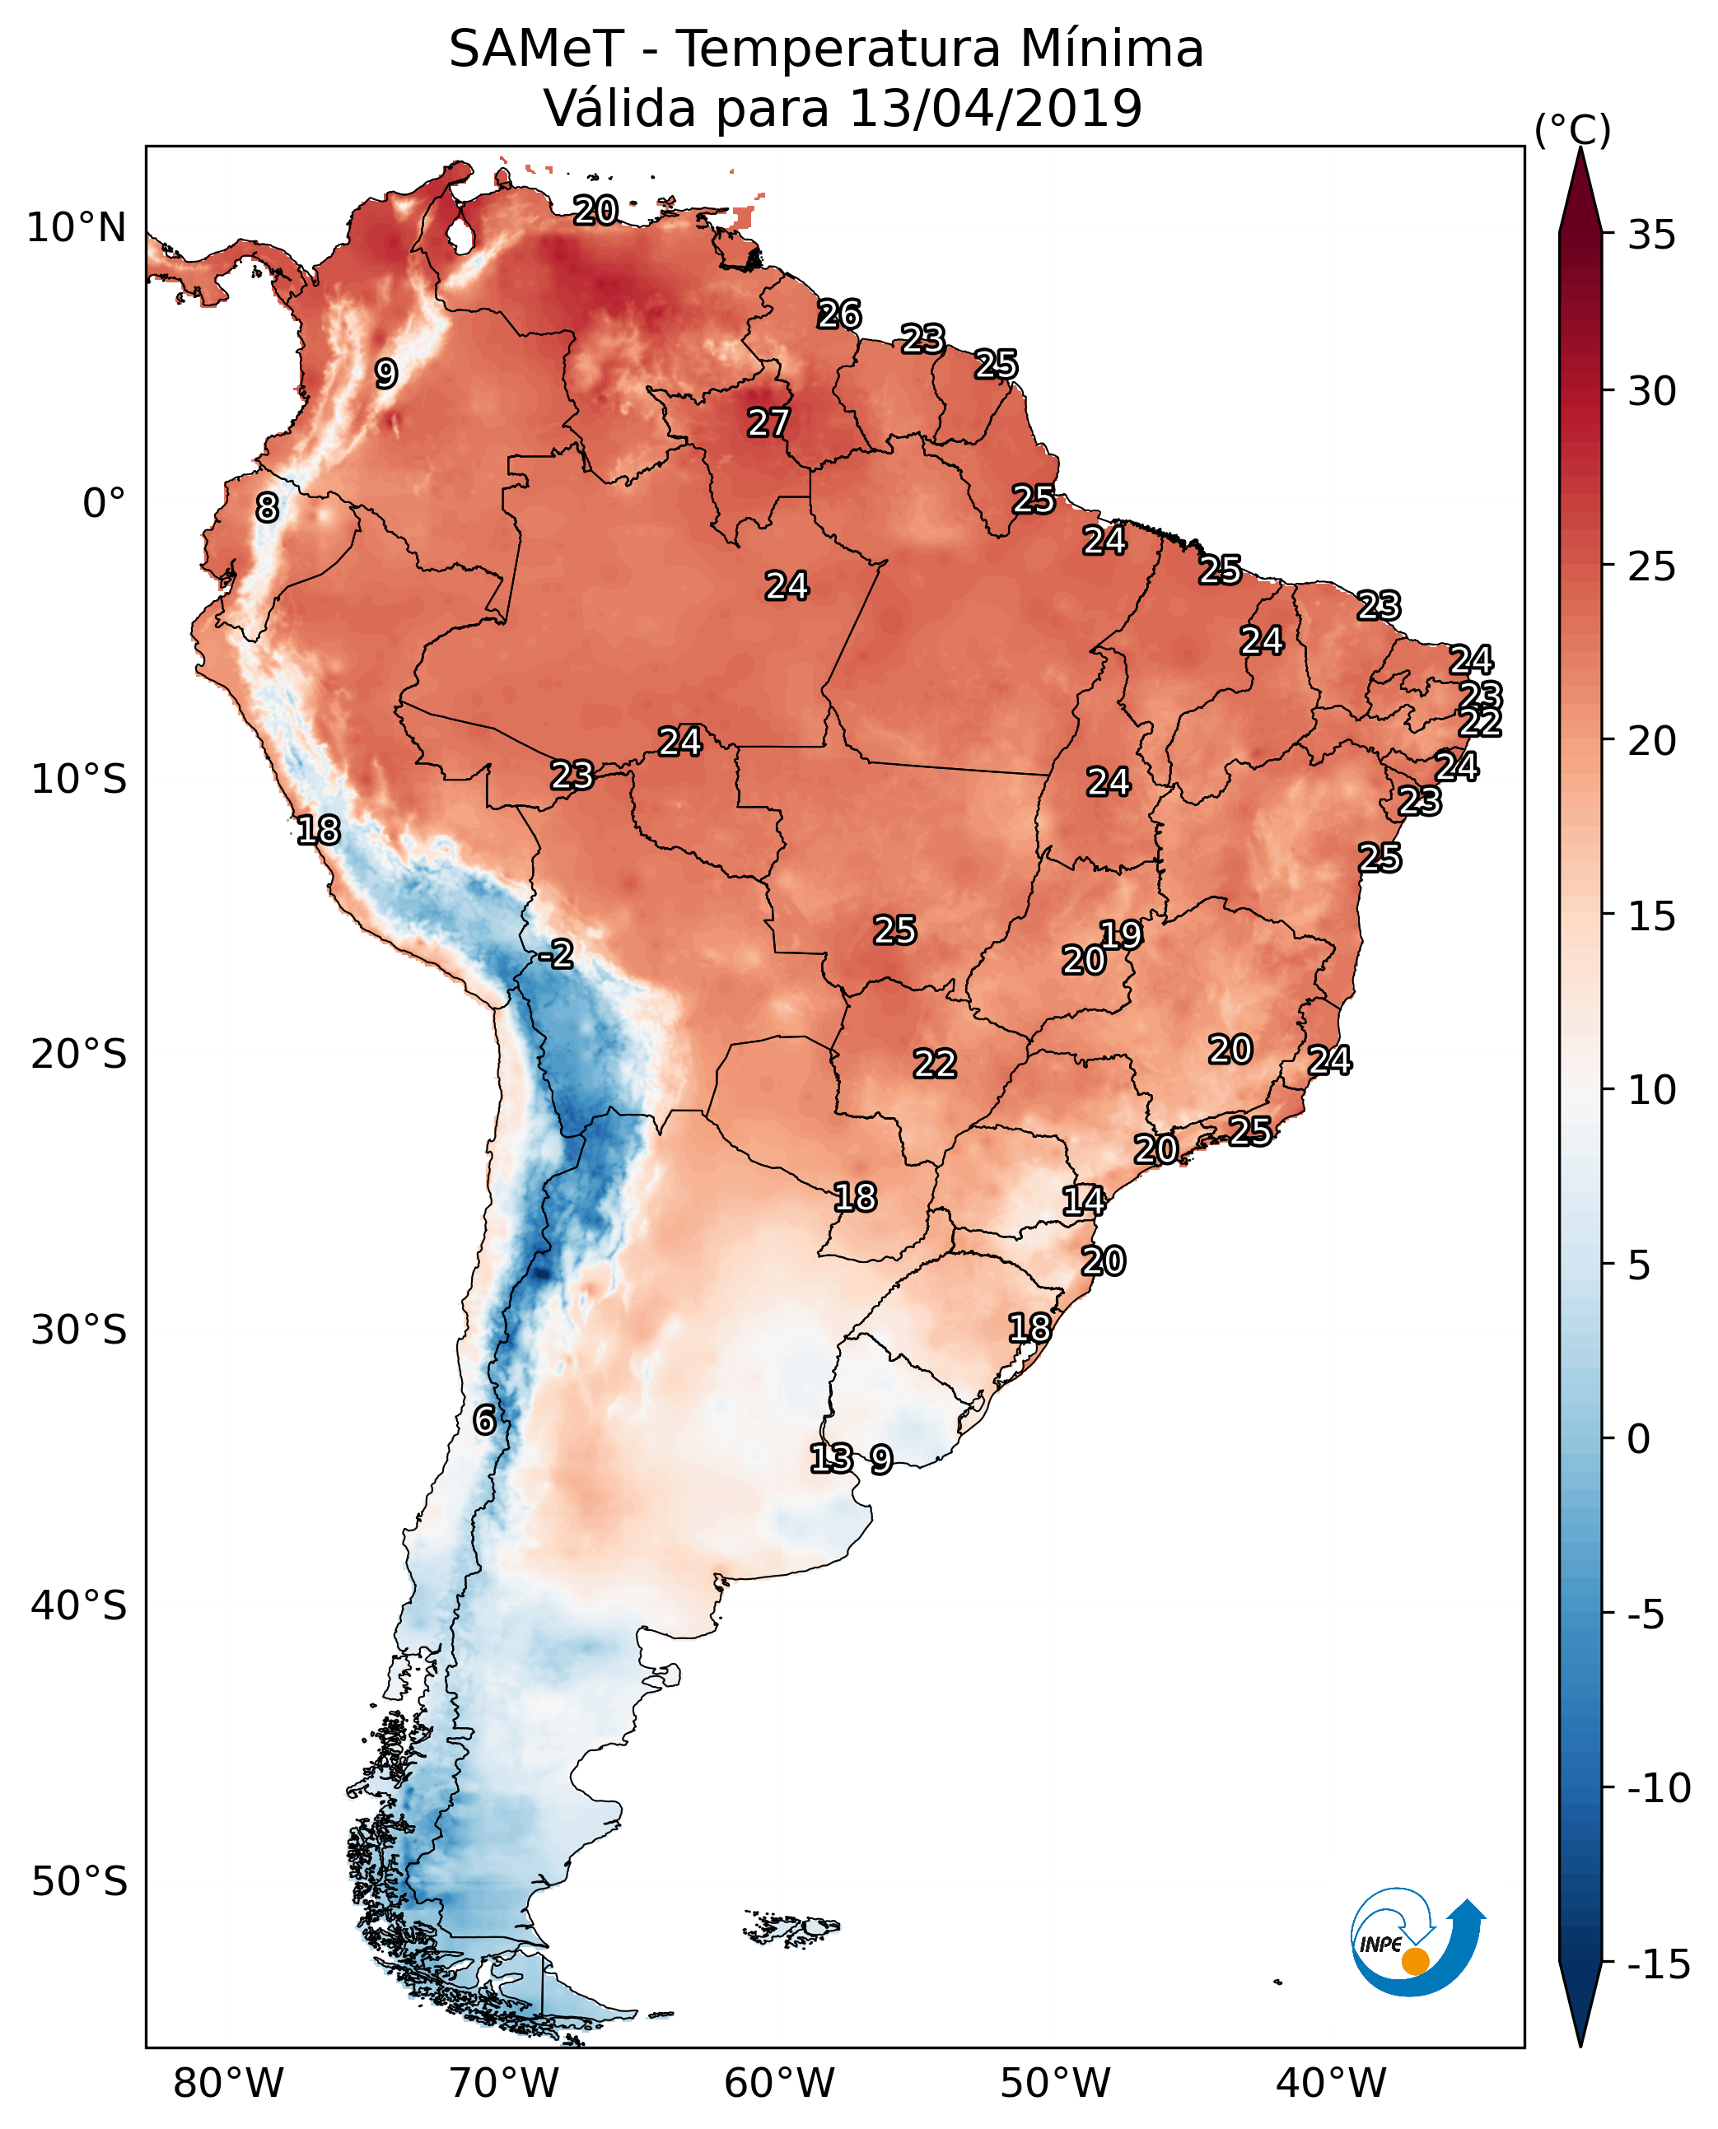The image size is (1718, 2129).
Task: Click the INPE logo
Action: tap(1417, 1942)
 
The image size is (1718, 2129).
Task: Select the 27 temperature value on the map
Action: tap(768, 423)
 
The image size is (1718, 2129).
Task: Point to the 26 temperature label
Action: tap(839, 314)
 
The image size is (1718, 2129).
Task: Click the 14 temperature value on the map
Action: tap(1084, 1201)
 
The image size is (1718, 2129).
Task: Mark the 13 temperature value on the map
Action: tap(831, 1458)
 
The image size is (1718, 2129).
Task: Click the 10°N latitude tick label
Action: tap(77, 229)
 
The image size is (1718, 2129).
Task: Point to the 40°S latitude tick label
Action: tap(79, 1605)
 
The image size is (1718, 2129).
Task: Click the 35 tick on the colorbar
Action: tap(1651, 235)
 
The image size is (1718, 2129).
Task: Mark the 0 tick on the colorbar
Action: tap(1639, 1438)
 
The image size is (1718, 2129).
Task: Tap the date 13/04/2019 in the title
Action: tap(996, 108)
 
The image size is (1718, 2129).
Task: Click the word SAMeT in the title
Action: tap(536, 49)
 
